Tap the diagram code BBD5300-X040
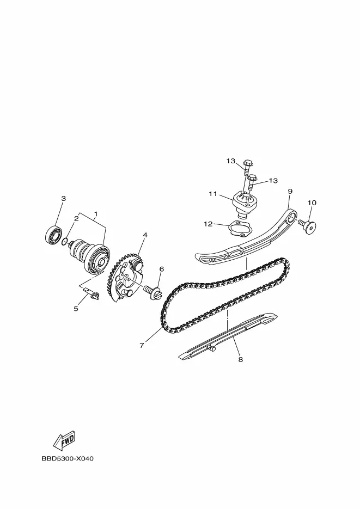[67, 459]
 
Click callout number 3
[64, 198]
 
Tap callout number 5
[76, 308]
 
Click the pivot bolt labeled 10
[307, 225]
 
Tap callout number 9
[290, 191]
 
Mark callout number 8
[241, 360]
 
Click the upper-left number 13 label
[231, 161]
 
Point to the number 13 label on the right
[273, 181]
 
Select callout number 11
[213, 194]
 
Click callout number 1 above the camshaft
[96, 213]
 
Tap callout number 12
[209, 224]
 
